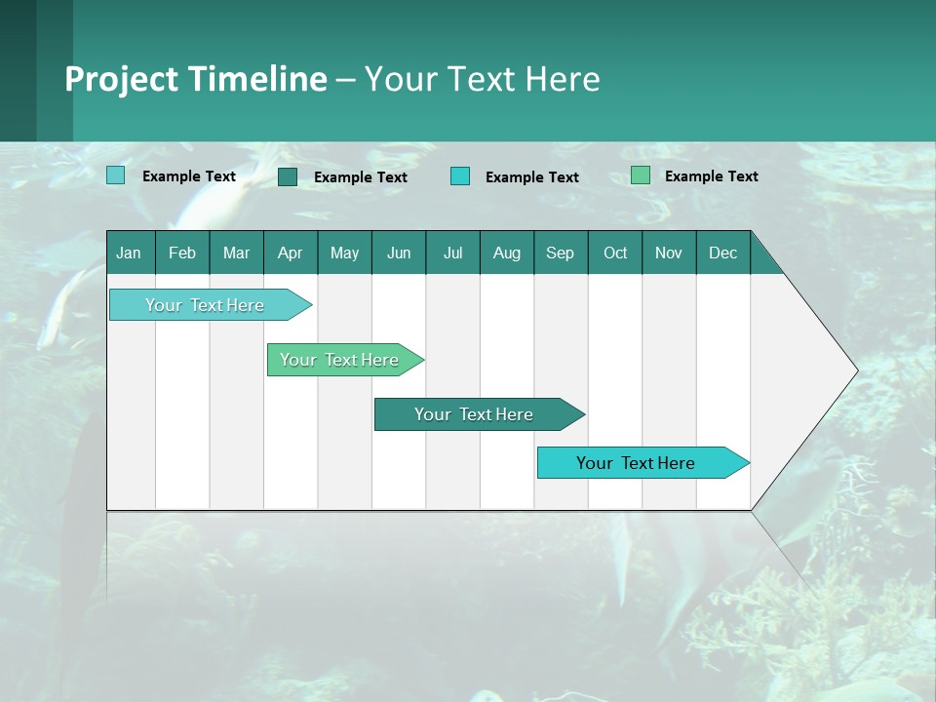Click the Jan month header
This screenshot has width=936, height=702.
coord(130,253)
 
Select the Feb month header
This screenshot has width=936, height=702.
coord(182,253)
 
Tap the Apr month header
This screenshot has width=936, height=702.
coord(291,253)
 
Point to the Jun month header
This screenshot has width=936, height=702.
coord(399,253)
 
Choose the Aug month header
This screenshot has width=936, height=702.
coord(507,253)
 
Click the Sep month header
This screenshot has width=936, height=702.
coord(561,253)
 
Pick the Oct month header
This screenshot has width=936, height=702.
coord(615,253)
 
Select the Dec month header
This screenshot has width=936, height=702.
coord(723,253)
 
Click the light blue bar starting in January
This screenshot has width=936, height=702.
coord(206,305)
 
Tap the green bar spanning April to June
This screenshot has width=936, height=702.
coord(340,360)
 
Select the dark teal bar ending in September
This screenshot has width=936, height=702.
coord(475,414)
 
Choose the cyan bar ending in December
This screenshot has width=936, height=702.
coord(637,463)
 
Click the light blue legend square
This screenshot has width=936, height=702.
coord(116,175)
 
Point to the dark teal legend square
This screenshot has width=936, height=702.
coord(288,176)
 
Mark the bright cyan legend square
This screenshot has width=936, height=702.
coord(460,176)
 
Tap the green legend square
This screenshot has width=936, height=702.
coord(641,175)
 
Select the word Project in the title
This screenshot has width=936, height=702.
coord(120,79)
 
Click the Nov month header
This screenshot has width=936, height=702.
coord(669,253)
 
